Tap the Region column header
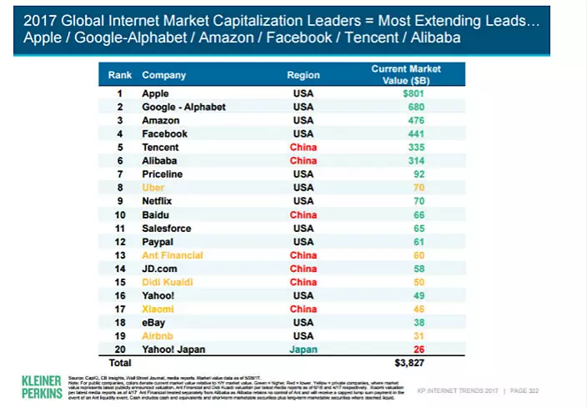tap(304, 75)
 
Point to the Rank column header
tap(120, 75)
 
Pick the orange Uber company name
tap(154, 188)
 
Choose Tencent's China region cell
tap(304, 148)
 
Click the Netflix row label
tap(159, 201)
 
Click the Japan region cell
tap(304, 349)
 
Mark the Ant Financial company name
tap(173, 254)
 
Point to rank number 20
tap(120, 349)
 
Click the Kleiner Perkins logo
tap(42, 386)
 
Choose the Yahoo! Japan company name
tap(173, 349)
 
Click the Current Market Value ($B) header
tap(406, 74)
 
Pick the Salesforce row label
tap(166, 228)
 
